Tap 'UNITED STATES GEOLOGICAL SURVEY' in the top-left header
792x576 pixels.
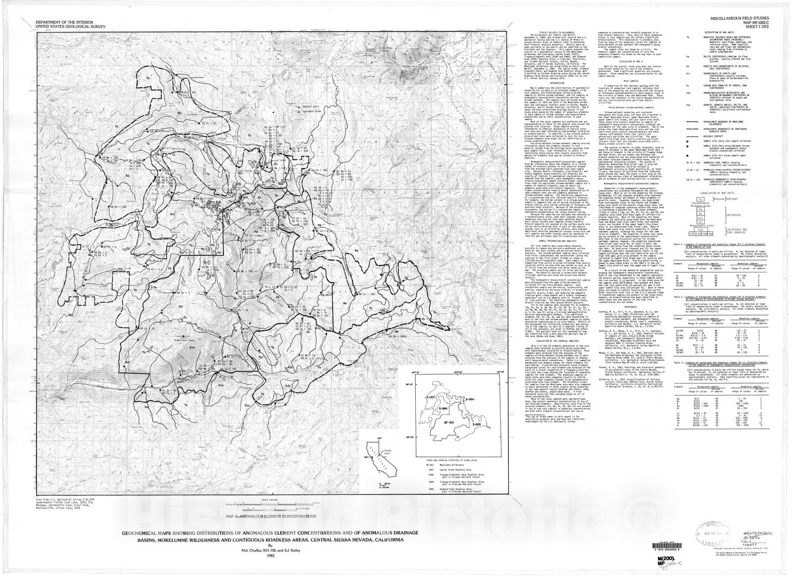(70, 25)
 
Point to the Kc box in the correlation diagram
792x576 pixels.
(700, 222)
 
